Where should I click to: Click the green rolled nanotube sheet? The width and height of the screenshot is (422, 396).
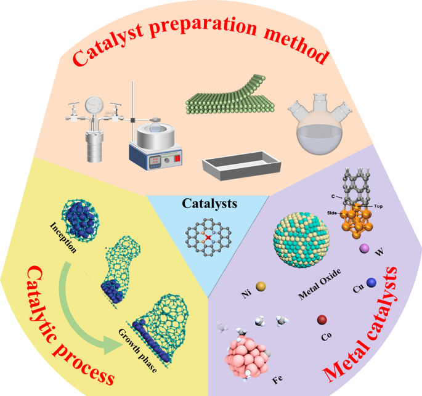pyautogui.click(x=233, y=100)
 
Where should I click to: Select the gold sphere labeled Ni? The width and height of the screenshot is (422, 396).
pyautogui.click(x=261, y=286)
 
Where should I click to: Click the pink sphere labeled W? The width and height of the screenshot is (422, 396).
pyautogui.click(x=364, y=248)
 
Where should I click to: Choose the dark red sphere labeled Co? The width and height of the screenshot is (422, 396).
pyautogui.click(x=322, y=320)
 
